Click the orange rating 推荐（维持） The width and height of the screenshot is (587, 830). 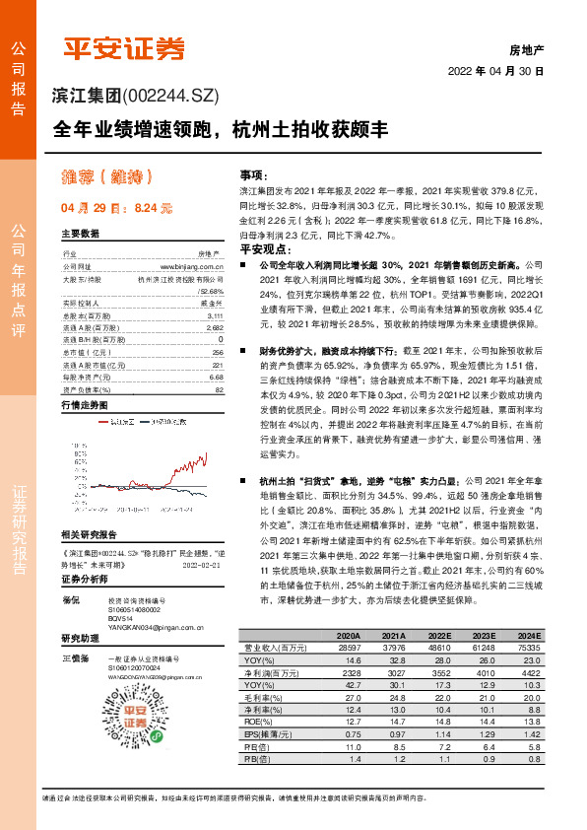(x=103, y=177)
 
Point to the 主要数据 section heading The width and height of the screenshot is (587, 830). (x=81, y=234)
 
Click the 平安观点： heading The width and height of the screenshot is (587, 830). (x=260, y=250)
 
